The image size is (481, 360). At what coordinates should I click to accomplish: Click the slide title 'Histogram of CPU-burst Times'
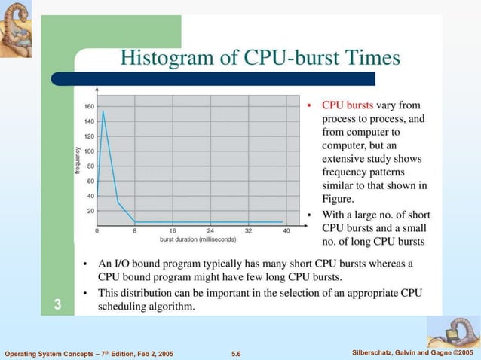pyautogui.click(x=261, y=58)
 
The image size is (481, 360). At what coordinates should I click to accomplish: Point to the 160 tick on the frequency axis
pyautogui.click(x=89, y=106)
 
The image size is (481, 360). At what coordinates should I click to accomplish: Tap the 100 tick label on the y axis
pyautogui.click(x=89, y=151)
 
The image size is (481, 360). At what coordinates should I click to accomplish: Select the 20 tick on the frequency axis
pyautogui.click(x=90, y=210)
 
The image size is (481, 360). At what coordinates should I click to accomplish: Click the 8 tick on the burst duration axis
pyautogui.click(x=135, y=230)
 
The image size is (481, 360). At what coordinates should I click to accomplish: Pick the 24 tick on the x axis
pyautogui.click(x=210, y=230)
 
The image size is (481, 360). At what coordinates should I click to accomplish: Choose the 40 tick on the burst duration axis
pyautogui.click(x=286, y=230)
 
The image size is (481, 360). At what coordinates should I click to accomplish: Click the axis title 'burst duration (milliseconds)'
pyautogui.click(x=198, y=239)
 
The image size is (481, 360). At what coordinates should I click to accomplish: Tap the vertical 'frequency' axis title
pyautogui.click(x=78, y=160)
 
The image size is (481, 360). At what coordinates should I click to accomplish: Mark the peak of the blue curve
pyautogui.click(x=103, y=111)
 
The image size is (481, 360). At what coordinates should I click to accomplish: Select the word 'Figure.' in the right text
pyautogui.click(x=338, y=199)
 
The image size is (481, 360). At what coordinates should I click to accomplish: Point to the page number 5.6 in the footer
pyautogui.click(x=235, y=353)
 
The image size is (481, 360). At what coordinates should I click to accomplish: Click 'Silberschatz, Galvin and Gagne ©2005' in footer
pyautogui.click(x=412, y=353)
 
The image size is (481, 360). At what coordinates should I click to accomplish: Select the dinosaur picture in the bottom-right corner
pyautogui.click(x=453, y=331)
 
